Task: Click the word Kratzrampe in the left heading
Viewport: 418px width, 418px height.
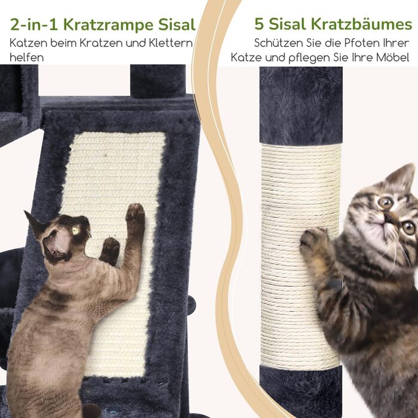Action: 109,25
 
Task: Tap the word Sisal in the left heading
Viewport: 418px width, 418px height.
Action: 177,25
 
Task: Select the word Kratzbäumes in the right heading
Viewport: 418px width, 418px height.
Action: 362,24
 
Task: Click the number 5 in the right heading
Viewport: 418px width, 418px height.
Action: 259,24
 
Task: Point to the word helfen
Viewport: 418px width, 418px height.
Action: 27,57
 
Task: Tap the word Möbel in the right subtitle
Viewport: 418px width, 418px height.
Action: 392,57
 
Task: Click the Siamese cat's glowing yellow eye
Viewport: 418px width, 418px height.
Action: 76,230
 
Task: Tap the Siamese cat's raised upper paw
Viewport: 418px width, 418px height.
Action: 135,213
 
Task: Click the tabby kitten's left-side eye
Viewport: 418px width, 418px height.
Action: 385,202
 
